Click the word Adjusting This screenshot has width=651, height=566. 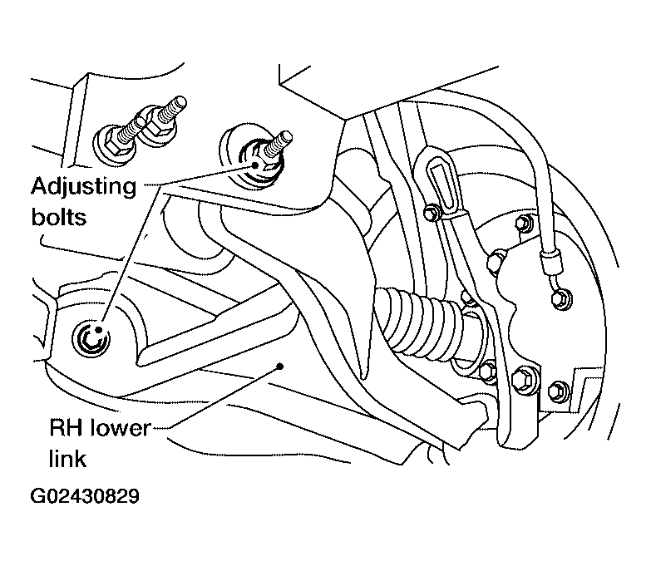pos(82,186)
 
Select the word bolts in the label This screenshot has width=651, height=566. pos(59,218)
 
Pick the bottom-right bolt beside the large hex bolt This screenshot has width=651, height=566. pos(560,389)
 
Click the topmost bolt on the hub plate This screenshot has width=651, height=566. pos(524,223)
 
